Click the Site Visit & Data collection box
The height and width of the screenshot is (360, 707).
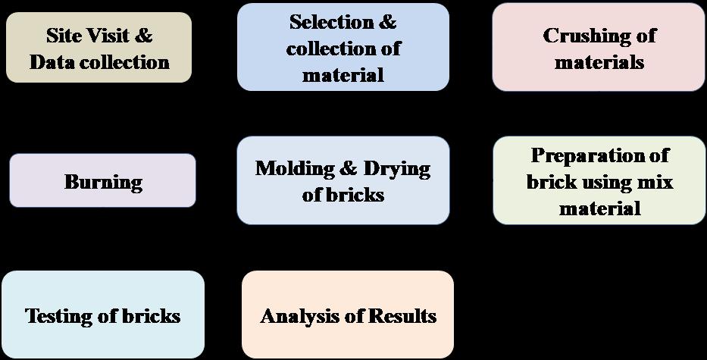99,48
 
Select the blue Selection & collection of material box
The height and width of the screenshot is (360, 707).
343,47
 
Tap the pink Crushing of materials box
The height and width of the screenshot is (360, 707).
599,48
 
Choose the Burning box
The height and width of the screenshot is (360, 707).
102,181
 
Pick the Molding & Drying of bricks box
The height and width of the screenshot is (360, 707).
343,181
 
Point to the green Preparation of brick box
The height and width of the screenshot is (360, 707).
599,181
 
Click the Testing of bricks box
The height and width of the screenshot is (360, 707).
103,315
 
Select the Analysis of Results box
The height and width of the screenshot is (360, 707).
348,315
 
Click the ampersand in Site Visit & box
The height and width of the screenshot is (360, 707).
144,36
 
